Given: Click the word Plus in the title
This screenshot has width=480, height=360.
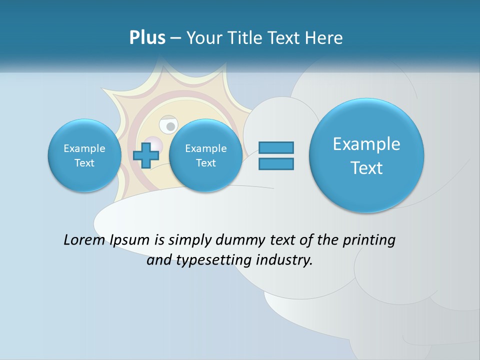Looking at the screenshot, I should pos(147,38).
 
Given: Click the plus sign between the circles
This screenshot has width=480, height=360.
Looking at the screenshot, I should pos(145,155).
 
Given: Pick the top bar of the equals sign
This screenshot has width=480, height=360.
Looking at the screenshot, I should pos(276,147).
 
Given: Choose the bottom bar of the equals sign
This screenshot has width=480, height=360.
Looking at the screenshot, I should pos(276,163).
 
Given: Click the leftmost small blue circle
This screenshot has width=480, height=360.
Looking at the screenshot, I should pos(84,155).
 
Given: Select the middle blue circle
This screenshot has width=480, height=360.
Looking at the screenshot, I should pos(205,155).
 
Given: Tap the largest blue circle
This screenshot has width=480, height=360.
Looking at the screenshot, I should pos(366,155).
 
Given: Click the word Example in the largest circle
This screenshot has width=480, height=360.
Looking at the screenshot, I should pos(366,144).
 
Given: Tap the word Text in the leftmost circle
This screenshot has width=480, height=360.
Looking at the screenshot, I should pos(84,163).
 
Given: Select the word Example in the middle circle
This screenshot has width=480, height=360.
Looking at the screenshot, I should pos(205,148).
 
